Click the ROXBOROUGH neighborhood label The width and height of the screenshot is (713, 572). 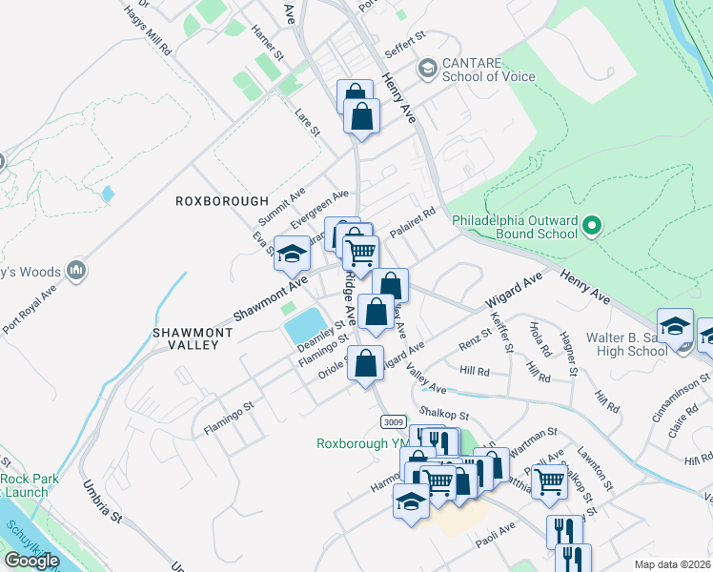[209, 202]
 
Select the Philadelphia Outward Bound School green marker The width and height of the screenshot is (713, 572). [592, 226]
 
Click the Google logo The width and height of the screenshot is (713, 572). [31, 561]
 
